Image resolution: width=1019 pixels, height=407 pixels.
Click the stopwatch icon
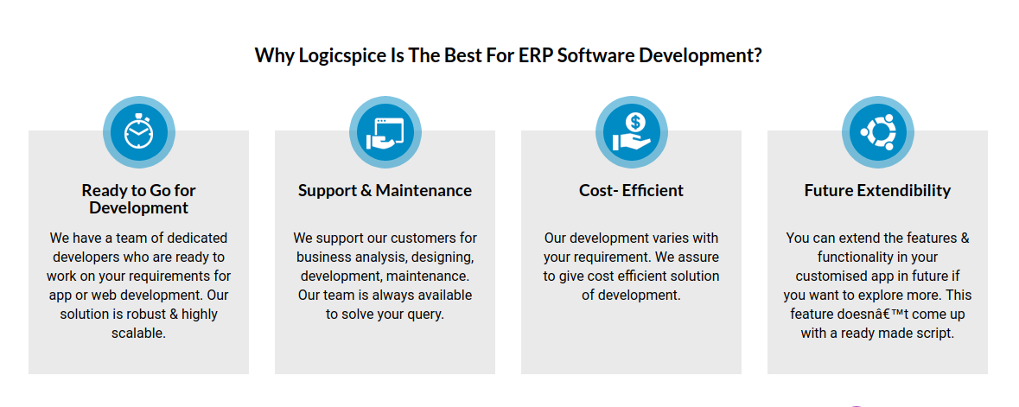point(139,132)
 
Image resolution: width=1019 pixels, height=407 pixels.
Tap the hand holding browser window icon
point(385,132)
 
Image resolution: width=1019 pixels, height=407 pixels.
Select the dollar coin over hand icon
point(632,132)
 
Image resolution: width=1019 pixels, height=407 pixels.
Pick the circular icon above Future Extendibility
point(877,132)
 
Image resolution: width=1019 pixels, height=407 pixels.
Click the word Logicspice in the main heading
point(341,55)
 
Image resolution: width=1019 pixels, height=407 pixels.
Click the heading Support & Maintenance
point(385,190)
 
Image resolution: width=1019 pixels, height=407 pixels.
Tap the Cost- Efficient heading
point(631,190)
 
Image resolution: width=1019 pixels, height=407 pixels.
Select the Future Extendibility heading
point(877,190)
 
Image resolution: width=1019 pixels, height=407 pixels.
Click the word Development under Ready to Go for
point(138,208)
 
